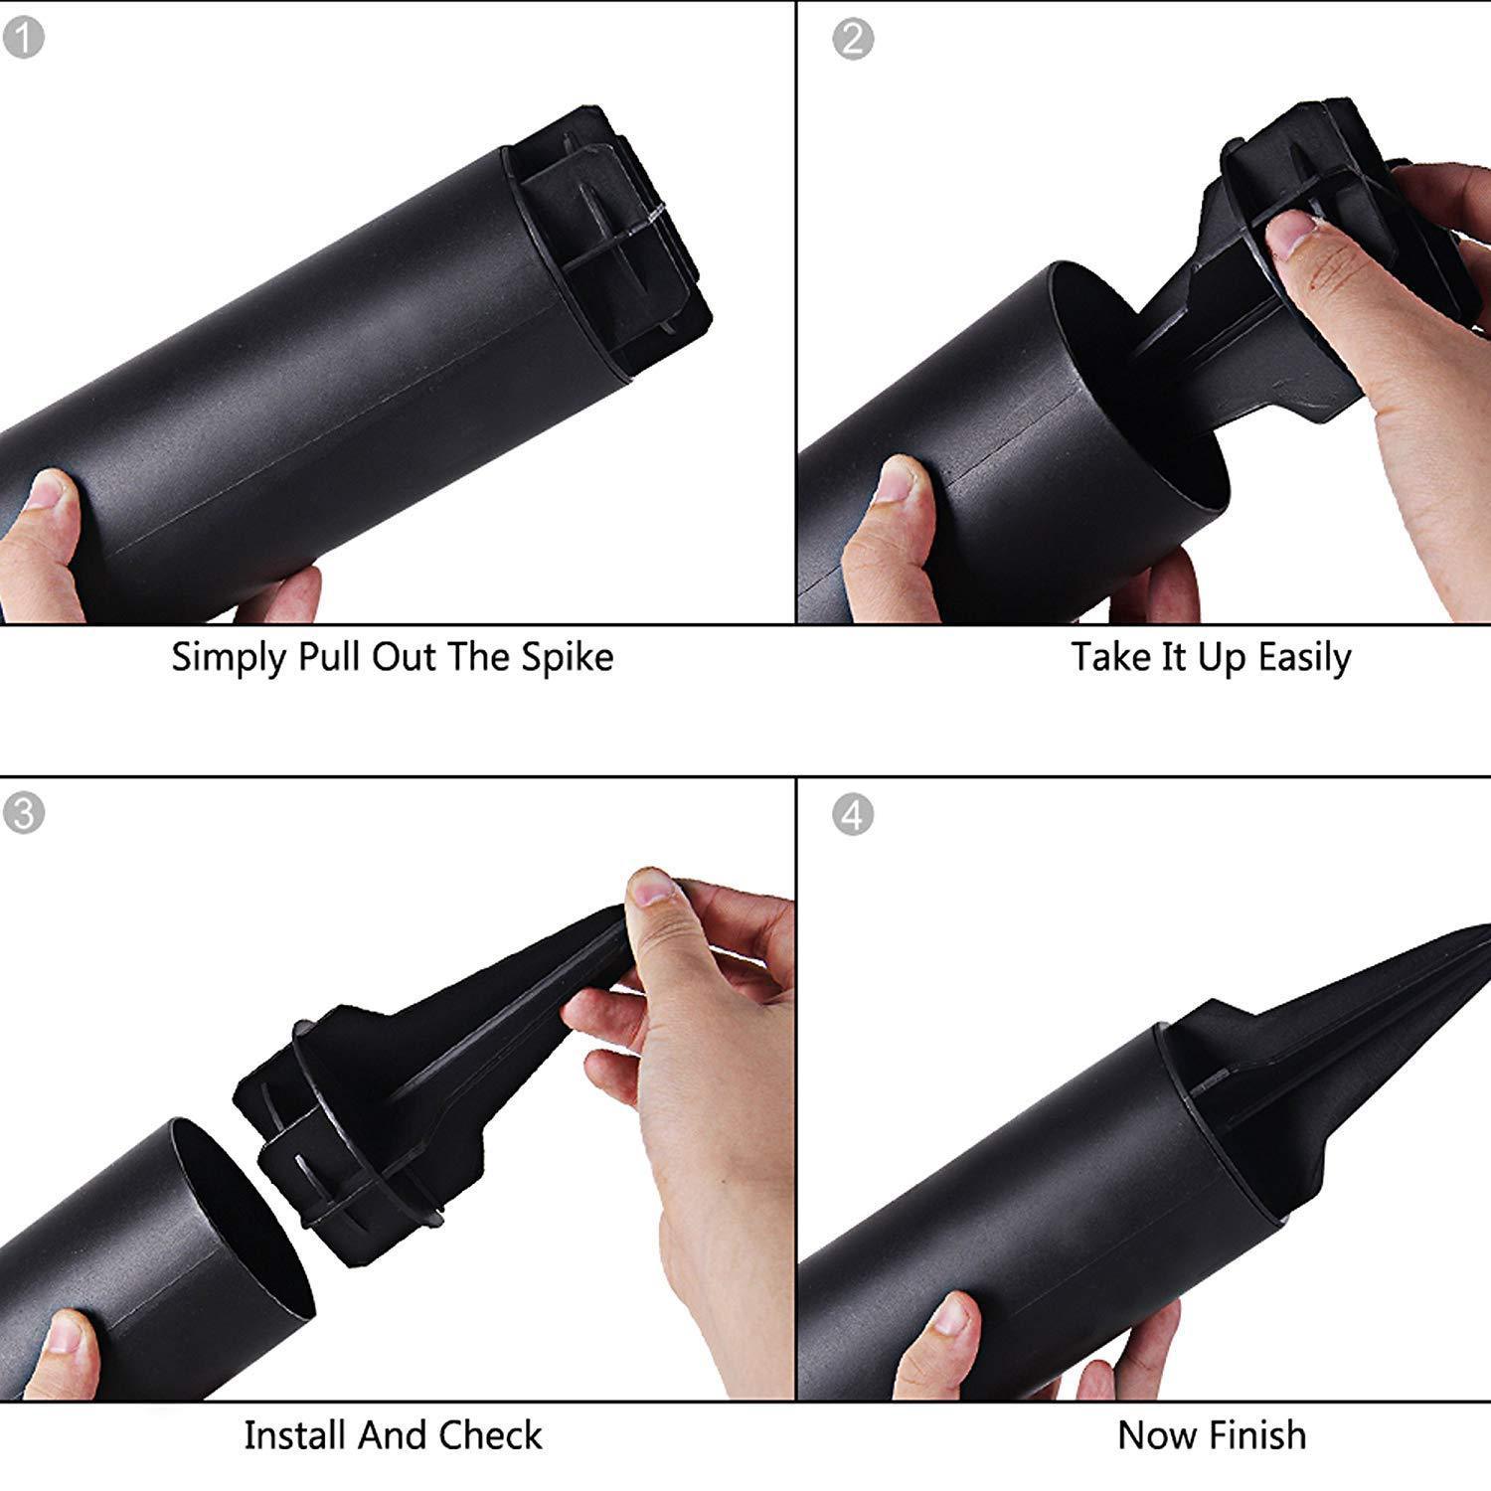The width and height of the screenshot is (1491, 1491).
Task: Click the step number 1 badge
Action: [24, 39]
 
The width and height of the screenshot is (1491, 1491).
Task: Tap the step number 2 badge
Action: [852, 39]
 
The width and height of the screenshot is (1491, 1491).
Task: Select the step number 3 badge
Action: [24, 813]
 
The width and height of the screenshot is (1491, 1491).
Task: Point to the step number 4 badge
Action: [852, 815]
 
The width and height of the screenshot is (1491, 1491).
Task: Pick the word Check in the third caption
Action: [491, 1435]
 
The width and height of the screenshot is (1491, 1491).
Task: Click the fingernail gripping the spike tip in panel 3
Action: [652, 887]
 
